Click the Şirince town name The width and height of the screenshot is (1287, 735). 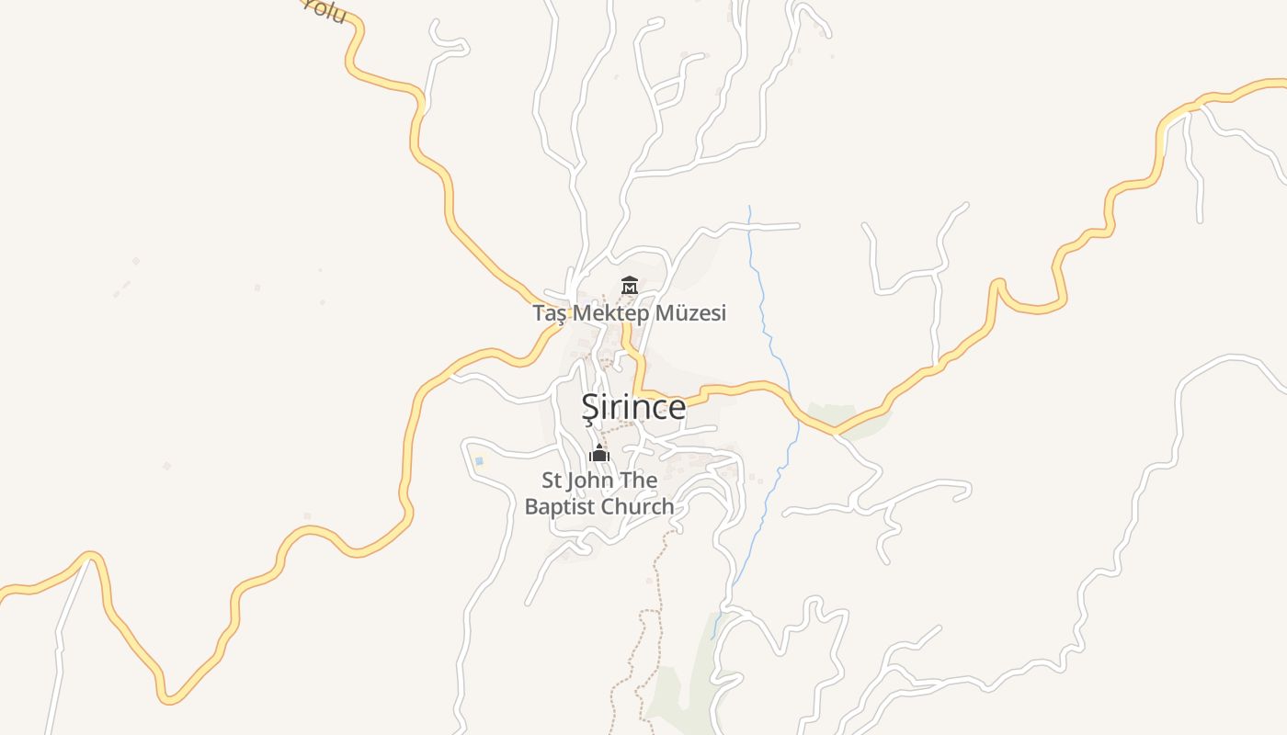(x=633, y=407)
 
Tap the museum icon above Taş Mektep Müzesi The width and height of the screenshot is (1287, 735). (x=630, y=286)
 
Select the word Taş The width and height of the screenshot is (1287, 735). (x=550, y=313)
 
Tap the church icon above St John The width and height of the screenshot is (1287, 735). (x=599, y=453)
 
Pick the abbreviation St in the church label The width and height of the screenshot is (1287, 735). (x=551, y=481)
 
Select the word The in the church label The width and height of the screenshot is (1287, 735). (x=639, y=481)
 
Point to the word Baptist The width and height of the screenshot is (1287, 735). (x=560, y=506)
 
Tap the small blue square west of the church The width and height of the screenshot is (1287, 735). (x=478, y=460)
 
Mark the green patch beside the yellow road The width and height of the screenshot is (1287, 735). (x=850, y=418)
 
